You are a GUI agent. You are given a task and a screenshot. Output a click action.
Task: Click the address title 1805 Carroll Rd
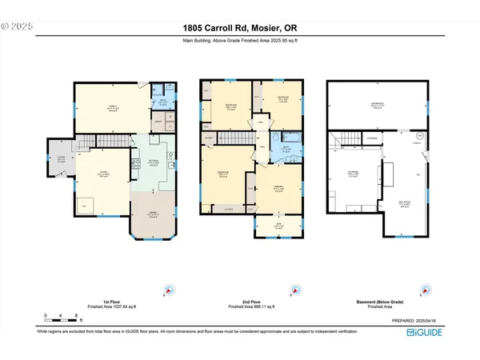(x=239, y=30)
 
